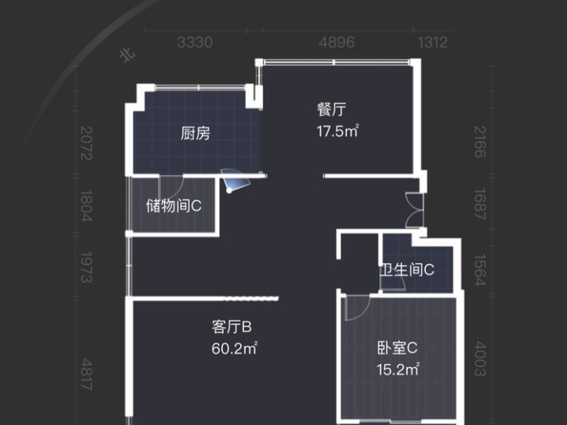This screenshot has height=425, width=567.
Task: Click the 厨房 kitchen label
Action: [x=195, y=133]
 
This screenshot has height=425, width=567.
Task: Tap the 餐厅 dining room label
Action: [x=331, y=110]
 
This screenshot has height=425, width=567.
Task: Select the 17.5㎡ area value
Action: [x=337, y=130]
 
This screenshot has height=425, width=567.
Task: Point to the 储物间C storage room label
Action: [x=174, y=206]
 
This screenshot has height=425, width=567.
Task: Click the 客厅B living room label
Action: [x=232, y=327]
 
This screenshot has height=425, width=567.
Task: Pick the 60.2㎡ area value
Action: [x=233, y=348]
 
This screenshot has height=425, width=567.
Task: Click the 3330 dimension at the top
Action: [x=195, y=42]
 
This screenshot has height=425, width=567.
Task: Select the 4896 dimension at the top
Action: [x=337, y=42]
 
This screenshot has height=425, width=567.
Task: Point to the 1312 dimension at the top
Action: [x=433, y=42]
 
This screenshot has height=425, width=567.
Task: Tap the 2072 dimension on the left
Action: [x=86, y=143]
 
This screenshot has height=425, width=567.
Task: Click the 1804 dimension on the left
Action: [x=86, y=206]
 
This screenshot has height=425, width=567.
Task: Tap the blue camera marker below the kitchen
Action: [x=232, y=183]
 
